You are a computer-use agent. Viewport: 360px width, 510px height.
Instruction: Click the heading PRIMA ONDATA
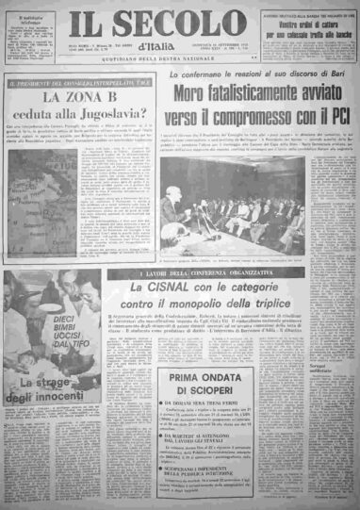(x=194, y=377)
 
